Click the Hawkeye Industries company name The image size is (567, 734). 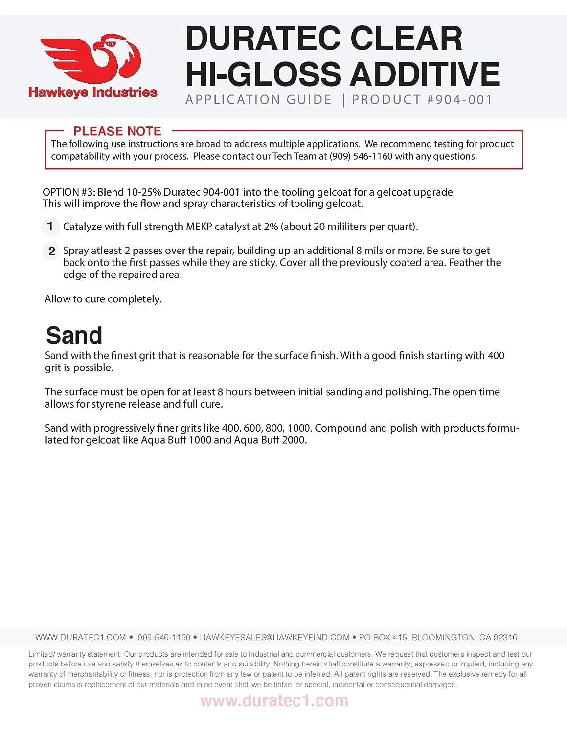pos(93,92)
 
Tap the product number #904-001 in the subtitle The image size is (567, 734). pos(459,100)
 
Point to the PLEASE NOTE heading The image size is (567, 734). pos(117,131)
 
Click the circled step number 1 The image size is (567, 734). pos(50,227)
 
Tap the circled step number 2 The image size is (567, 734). pos(51,251)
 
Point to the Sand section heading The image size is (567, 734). pos(74,336)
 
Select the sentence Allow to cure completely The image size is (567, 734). pos(103,299)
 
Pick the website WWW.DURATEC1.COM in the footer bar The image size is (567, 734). pos(80,637)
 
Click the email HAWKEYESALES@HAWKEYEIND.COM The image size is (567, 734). pos(274,637)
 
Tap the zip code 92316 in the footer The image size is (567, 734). pos(505,637)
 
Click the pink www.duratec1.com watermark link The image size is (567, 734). pos(274,701)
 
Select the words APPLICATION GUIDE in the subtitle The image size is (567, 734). pos(259,100)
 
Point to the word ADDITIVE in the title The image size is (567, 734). pos(425,74)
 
